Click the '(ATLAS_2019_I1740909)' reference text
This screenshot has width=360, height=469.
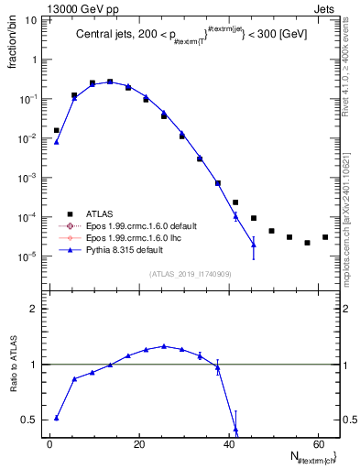pyautogui.click(x=190, y=275)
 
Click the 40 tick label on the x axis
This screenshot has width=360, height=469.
pyautogui.click(x=228, y=443)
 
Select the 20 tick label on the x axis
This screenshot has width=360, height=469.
pyautogui.click(x=138, y=443)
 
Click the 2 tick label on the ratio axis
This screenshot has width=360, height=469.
pyautogui.click(x=39, y=310)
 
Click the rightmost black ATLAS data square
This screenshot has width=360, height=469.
pyautogui.click(x=325, y=237)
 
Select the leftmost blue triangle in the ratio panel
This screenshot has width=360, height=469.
pyautogui.click(x=57, y=418)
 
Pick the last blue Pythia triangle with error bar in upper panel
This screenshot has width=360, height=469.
pyautogui.click(x=254, y=245)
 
